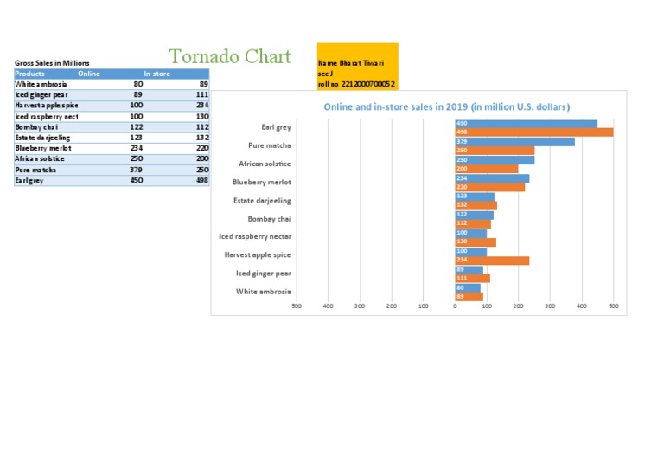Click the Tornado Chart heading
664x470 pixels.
[x=230, y=57]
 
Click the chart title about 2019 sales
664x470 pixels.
[x=446, y=107]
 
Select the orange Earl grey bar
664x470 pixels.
[x=533, y=132]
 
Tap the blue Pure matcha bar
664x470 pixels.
[x=514, y=141]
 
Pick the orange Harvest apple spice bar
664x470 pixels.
[x=492, y=260]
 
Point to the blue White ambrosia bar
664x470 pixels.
[x=468, y=287]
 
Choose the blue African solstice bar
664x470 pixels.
[x=495, y=159]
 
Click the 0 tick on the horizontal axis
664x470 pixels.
[x=455, y=306]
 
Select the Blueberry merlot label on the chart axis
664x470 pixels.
[x=262, y=182]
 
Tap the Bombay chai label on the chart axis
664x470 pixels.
[x=269, y=219]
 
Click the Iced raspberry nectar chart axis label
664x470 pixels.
[x=255, y=236]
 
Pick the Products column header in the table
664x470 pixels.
[x=29, y=74]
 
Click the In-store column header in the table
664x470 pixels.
[x=156, y=74]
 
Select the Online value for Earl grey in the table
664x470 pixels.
[x=137, y=181]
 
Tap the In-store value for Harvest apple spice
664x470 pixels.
[x=201, y=105]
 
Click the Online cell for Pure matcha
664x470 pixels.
[x=137, y=170]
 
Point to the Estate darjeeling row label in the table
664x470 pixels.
[x=42, y=138]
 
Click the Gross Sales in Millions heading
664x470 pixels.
[x=52, y=63]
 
